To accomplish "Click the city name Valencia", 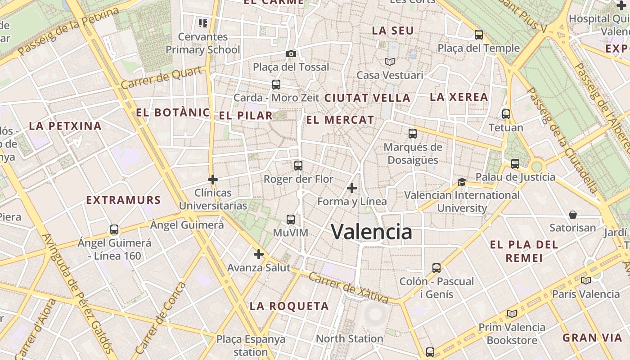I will pyautogui.click(x=372, y=232).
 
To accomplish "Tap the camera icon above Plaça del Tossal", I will pyautogui.click(x=291, y=54).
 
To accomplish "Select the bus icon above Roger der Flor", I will pyautogui.click(x=298, y=165).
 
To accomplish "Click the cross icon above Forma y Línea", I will pyautogui.click(x=352, y=188).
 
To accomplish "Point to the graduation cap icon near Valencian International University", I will pyautogui.click(x=462, y=182).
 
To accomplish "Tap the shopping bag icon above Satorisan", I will pyautogui.click(x=573, y=214).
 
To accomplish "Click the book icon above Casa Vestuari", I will pyautogui.click(x=389, y=62).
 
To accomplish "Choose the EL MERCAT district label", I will pyautogui.click(x=340, y=120).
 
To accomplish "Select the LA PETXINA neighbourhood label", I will pyautogui.click(x=65, y=126).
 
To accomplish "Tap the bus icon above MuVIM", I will pyautogui.click(x=291, y=220).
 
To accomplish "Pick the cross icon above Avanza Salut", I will pyautogui.click(x=259, y=254).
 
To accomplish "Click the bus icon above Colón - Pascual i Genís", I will pyautogui.click(x=436, y=268).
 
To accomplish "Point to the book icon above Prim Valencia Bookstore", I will pyautogui.click(x=512, y=314).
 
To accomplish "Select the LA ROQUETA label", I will pyautogui.click(x=289, y=306).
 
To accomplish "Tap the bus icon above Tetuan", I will pyautogui.click(x=506, y=114).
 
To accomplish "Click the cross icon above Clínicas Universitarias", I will pyautogui.click(x=213, y=180).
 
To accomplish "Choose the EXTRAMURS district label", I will pyautogui.click(x=123, y=200).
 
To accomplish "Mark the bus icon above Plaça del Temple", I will pyautogui.click(x=479, y=35).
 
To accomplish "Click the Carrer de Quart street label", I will pyautogui.click(x=161, y=78).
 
